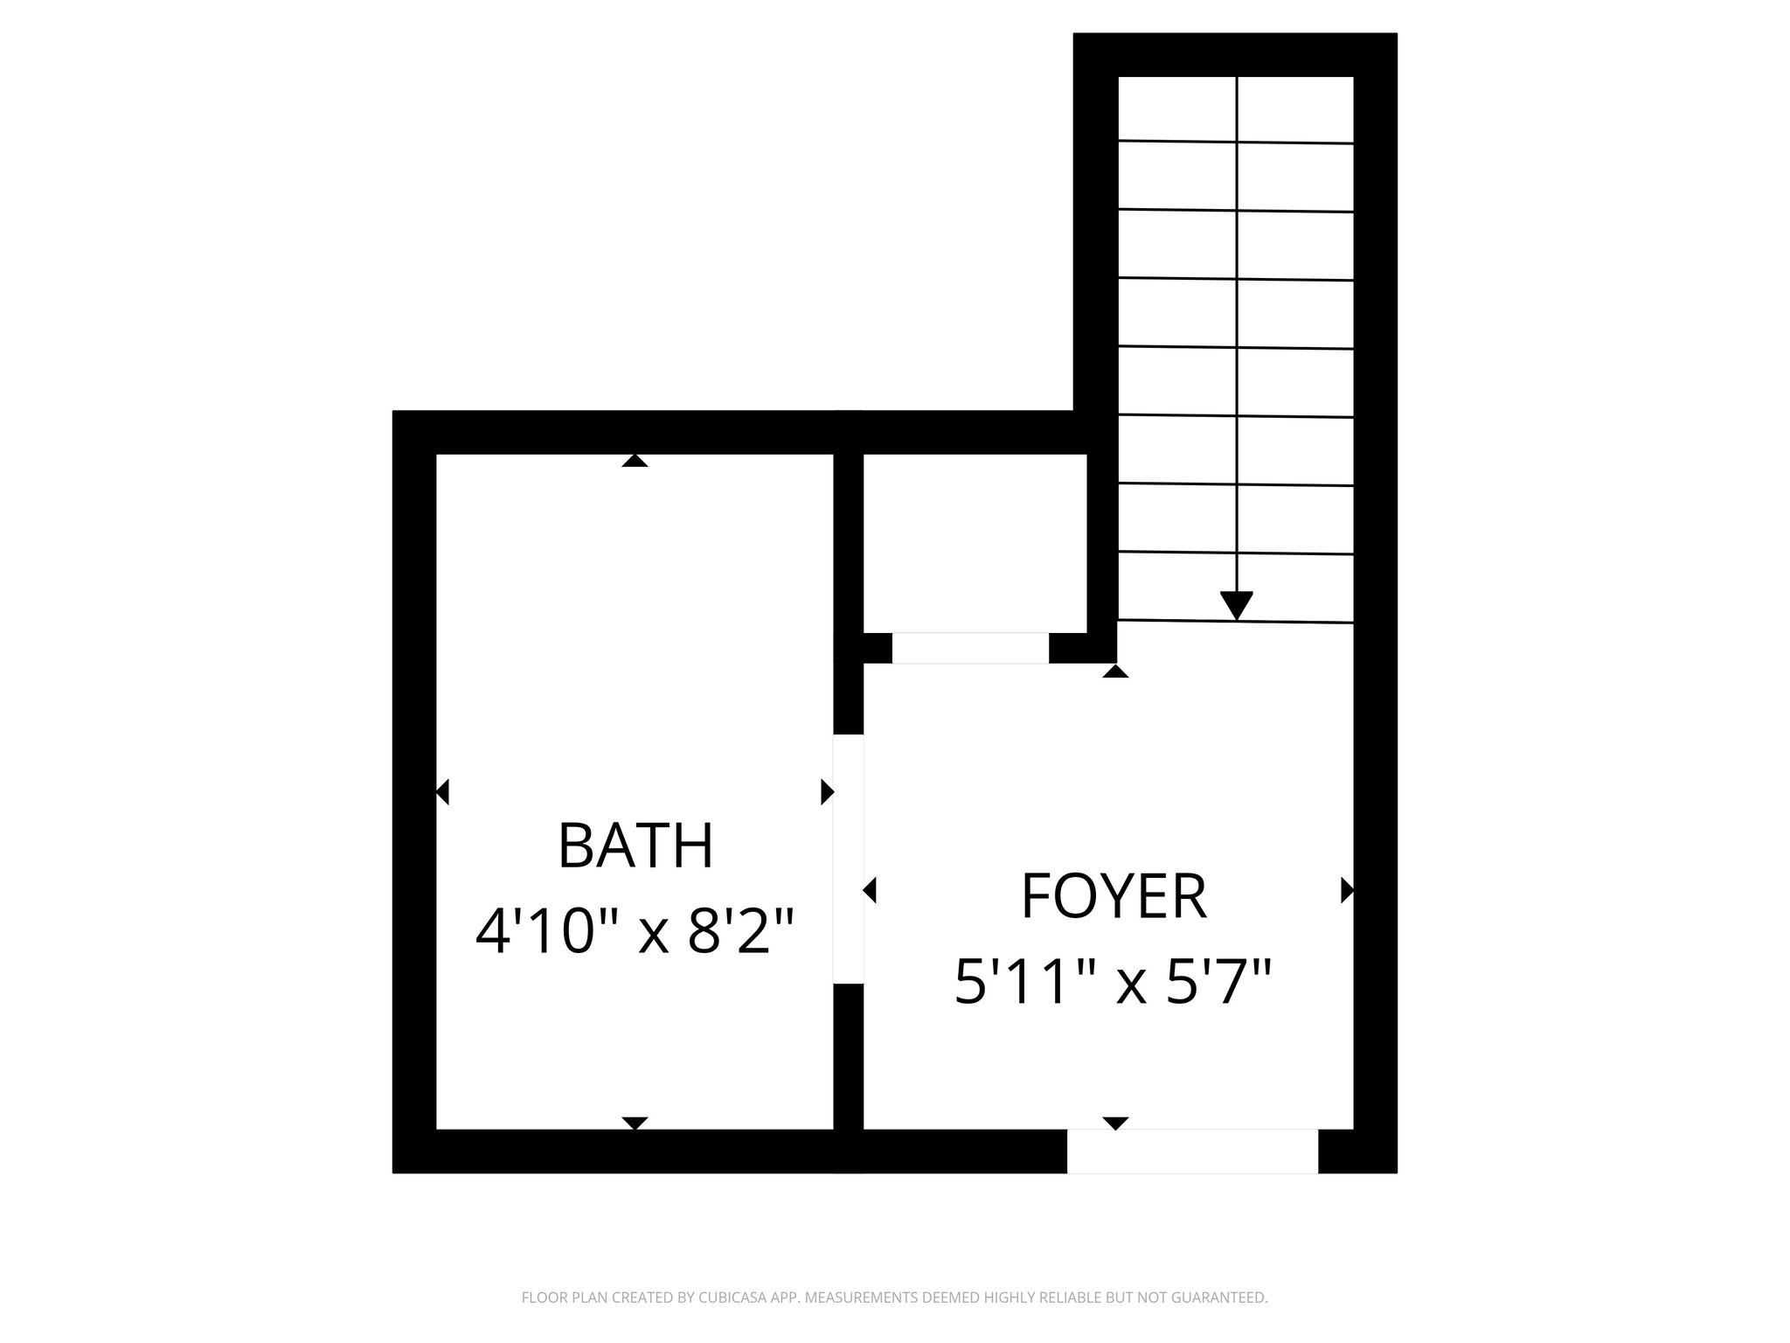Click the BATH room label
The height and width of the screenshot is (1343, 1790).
[x=635, y=845]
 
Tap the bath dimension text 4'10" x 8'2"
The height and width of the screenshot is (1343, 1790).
[x=635, y=931]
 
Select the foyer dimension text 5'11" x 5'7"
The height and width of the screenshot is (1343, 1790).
[x=1114, y=982]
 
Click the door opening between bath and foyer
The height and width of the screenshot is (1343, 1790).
[x=849, y=859]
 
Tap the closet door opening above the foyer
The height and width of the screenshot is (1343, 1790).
[x=969, y=648]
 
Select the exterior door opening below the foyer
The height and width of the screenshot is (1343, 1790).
[x=1192, y=1151]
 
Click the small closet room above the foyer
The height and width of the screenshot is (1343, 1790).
[x=975, y=542]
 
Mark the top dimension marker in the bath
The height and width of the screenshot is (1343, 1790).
[x=635, y=461]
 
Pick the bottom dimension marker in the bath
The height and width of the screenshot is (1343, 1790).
[x=635, y=1123]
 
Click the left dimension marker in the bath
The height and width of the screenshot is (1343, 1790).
[x=442, y=792]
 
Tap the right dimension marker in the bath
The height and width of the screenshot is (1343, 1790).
[x=827, y=792]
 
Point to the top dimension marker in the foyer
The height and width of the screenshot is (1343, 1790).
[x=1115, y=671]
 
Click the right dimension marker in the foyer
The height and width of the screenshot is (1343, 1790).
[x=1347, y=890]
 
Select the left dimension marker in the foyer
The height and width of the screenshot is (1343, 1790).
[x=870, y=890]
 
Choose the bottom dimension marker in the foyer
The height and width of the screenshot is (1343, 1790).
[x=1115, y=1123]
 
